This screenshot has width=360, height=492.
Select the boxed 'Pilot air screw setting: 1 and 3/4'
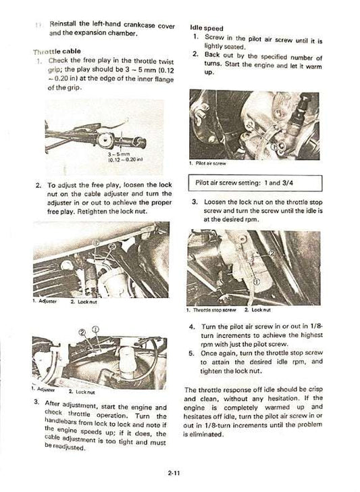point(257,183)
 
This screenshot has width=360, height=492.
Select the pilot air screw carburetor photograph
point(257,125)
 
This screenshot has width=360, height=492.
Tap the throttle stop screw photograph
point(257,268)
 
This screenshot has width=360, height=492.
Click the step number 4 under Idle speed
point(192,326)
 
